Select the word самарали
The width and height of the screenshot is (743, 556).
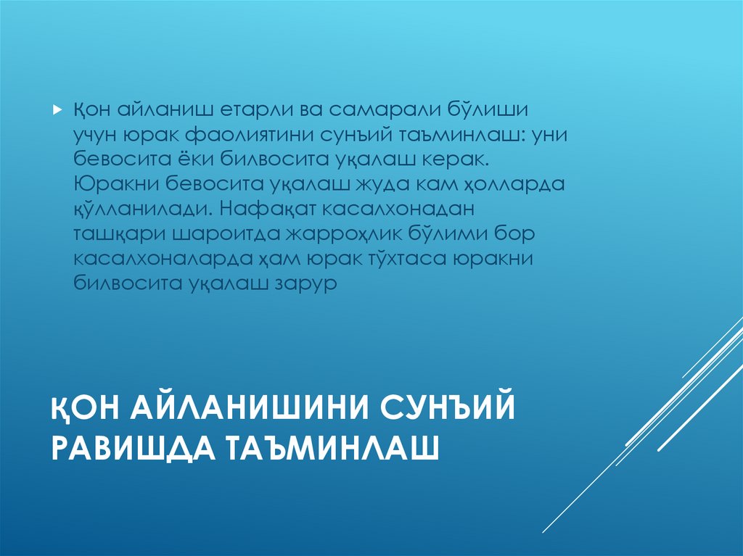coord(379,110)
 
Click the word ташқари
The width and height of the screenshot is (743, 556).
coord(120,233)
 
